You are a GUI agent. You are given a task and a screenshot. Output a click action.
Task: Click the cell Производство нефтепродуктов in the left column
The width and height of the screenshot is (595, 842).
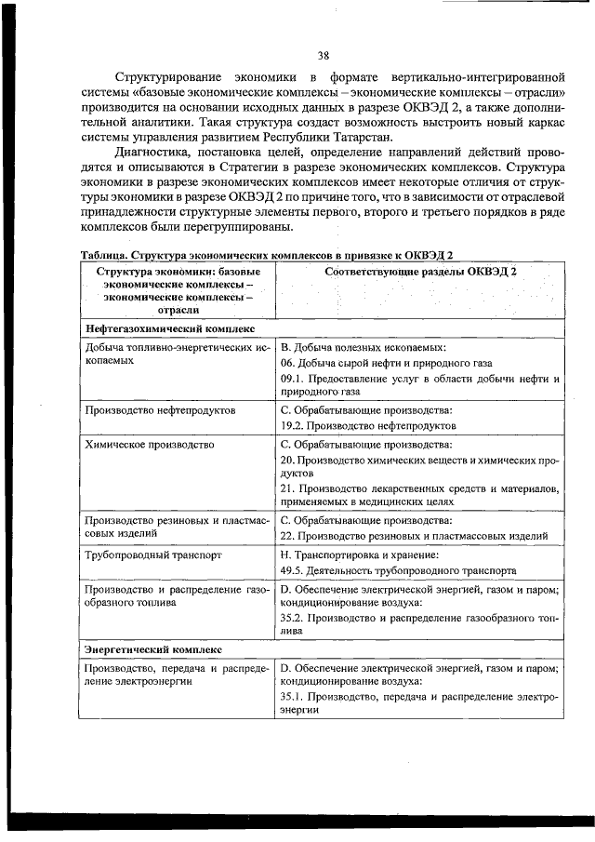click(x=159, y=409)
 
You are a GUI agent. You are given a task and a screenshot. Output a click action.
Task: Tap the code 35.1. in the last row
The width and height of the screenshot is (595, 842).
click(x=295, y=696)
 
